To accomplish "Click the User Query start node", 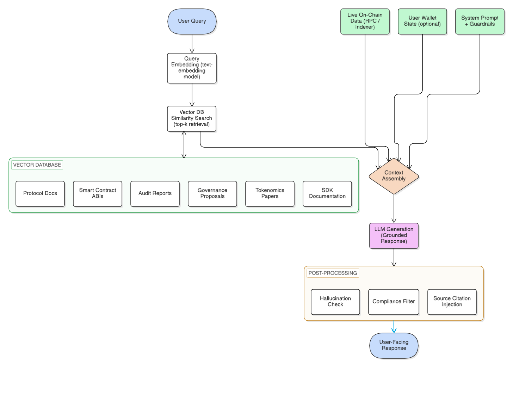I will (192, 21).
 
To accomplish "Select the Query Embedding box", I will (192, 68).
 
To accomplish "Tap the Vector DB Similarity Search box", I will (192, 118).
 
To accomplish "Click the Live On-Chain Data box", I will (365, 21).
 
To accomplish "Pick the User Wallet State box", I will (422, 21).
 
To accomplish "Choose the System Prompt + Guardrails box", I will (480, 21).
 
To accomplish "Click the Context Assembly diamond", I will (394, 176).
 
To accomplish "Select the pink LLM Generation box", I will (394, 235).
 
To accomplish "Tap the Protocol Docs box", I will (40, 193).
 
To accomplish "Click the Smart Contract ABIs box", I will (98, 193).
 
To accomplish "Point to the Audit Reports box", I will (155, 193).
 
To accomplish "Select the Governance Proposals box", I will (212, 193).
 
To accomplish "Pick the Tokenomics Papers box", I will (270, 193).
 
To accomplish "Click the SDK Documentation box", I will (327, 193).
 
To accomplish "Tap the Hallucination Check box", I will (335, 302).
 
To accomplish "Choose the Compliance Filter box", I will (394, 302).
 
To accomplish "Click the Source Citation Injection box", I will (452, 302).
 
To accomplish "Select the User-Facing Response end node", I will (394, 345).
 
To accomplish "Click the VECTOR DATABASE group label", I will (37, 165).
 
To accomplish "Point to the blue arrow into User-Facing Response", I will (394, 327).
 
